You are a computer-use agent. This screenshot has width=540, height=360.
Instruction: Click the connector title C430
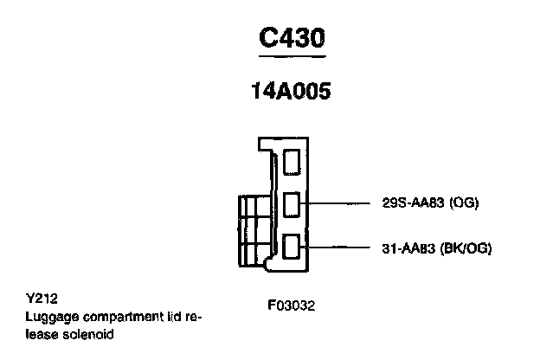[293, 39]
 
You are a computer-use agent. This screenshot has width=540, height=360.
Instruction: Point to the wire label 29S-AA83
[410, 204]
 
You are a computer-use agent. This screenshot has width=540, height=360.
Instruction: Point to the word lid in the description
[163, 316]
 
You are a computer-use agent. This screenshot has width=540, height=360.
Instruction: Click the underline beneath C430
[293, 56]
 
